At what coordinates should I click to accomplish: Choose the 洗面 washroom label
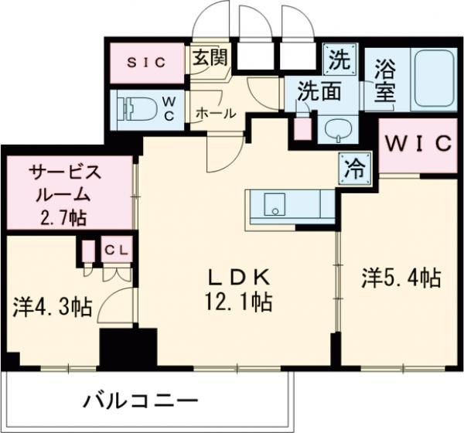321,91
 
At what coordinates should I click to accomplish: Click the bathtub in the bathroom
435,79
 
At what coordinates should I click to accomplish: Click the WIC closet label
418,145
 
